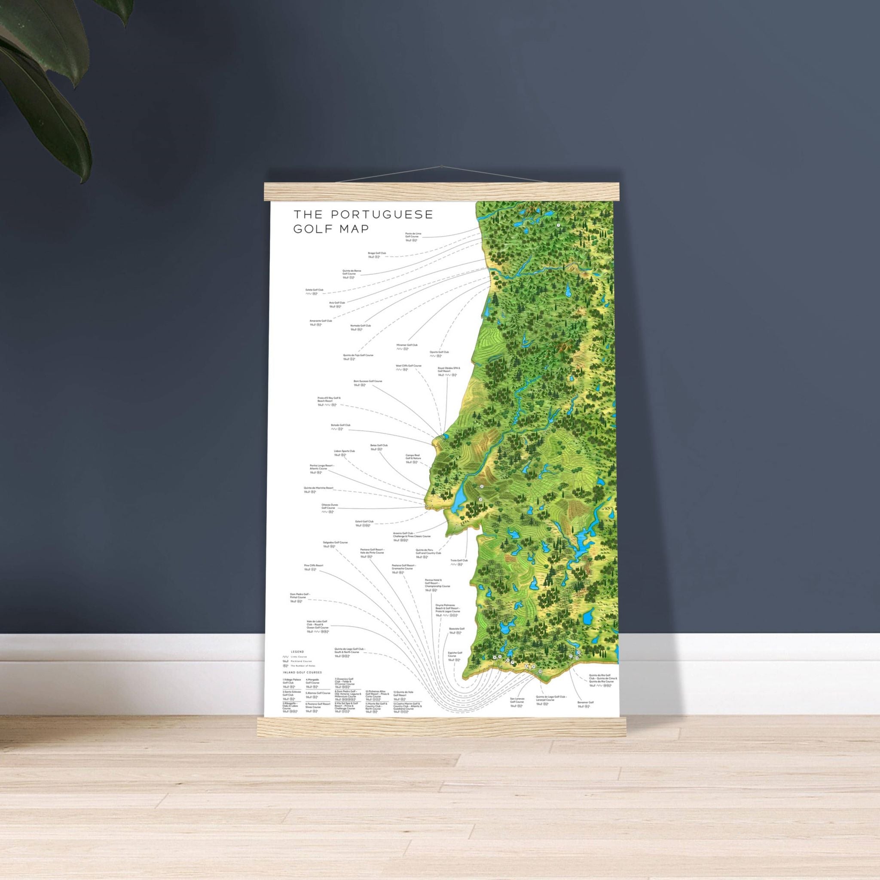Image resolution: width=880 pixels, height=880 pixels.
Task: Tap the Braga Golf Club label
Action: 377,253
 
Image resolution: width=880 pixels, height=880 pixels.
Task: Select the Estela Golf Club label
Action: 314,290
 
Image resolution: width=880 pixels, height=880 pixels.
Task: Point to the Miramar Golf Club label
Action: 407,345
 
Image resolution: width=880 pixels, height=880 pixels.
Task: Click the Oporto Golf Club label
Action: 439,352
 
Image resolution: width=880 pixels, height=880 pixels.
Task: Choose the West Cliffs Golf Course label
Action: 409,366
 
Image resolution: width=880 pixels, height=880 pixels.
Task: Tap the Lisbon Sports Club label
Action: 344,451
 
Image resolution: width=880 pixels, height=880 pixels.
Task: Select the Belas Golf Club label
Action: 379,445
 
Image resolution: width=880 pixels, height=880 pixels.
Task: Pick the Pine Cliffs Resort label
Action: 313,565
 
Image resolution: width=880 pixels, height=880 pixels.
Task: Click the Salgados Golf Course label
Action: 335,543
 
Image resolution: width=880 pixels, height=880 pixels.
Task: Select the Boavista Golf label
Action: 456,629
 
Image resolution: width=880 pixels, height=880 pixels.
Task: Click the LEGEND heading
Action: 297,652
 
